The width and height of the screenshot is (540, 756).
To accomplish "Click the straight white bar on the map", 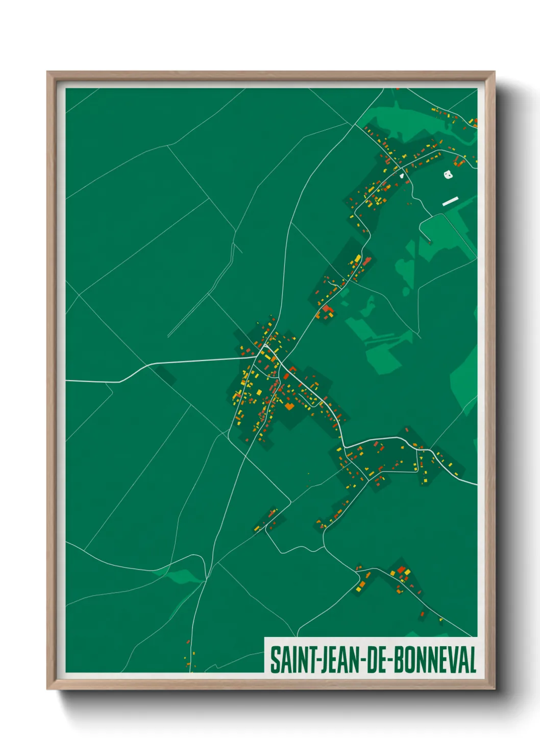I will [450, 201].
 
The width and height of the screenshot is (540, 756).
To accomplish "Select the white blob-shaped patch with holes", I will [448, 174].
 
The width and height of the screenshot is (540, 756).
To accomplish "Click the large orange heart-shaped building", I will [289, 406].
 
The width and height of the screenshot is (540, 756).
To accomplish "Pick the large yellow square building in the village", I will [259, 392].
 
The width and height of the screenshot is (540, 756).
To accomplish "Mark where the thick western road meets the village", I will [255, 357].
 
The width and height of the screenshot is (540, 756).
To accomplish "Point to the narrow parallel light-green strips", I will [380, 339].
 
